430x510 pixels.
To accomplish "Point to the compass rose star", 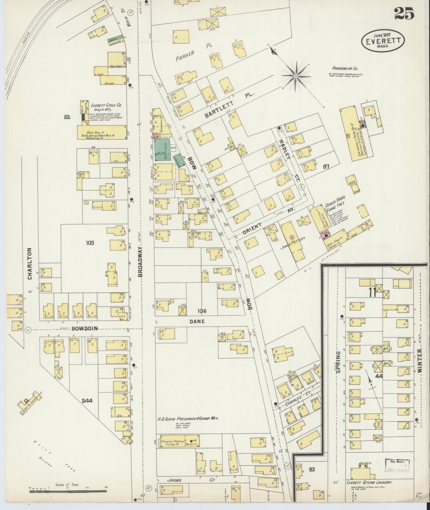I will [x=296, y=76].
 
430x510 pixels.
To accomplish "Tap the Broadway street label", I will [x=140, y=262].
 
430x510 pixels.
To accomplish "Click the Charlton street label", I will [x=30, y=264].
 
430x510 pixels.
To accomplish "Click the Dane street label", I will [x=197, y=321].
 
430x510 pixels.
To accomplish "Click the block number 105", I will [x=90, y=243].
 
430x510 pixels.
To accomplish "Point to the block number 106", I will [x=202, y=311].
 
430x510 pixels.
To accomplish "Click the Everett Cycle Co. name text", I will [x=106, y=105].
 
